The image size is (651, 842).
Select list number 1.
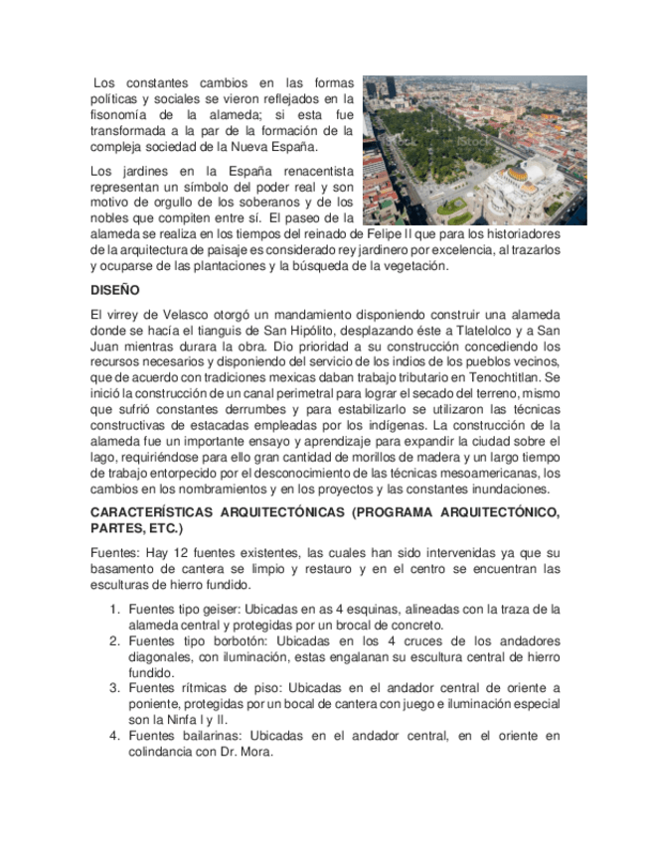(x=114, y=610)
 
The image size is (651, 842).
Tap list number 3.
(x=114, y=688)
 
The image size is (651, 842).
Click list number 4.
(x=114, y=736)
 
